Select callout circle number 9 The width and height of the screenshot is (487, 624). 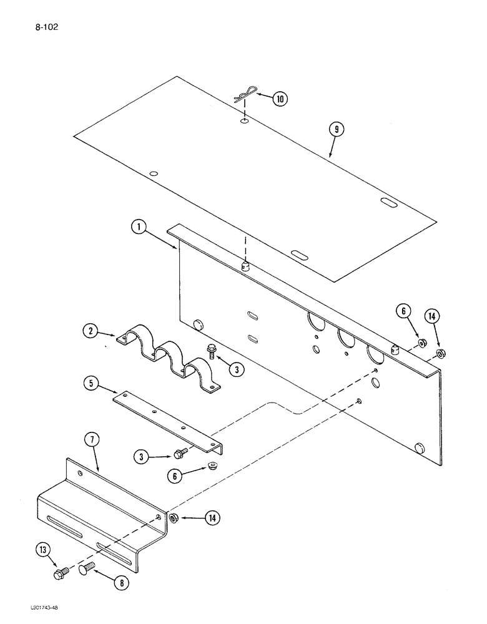click(337, 130)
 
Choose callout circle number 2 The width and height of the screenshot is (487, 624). click(92, 331)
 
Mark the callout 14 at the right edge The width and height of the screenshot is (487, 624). click(431, 316)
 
